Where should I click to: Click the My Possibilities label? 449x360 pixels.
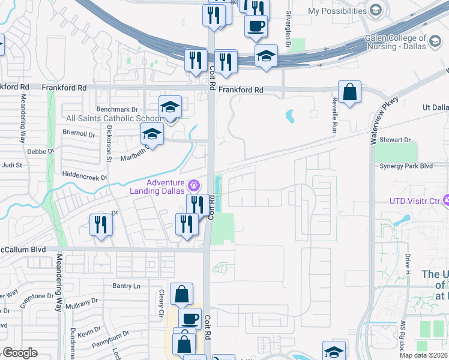(337, 11)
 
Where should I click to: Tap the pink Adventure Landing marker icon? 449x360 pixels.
(194, 185)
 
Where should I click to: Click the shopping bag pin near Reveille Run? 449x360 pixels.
(349, 93)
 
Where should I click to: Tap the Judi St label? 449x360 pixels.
(12, 164)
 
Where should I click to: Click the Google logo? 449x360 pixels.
(20, 353)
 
